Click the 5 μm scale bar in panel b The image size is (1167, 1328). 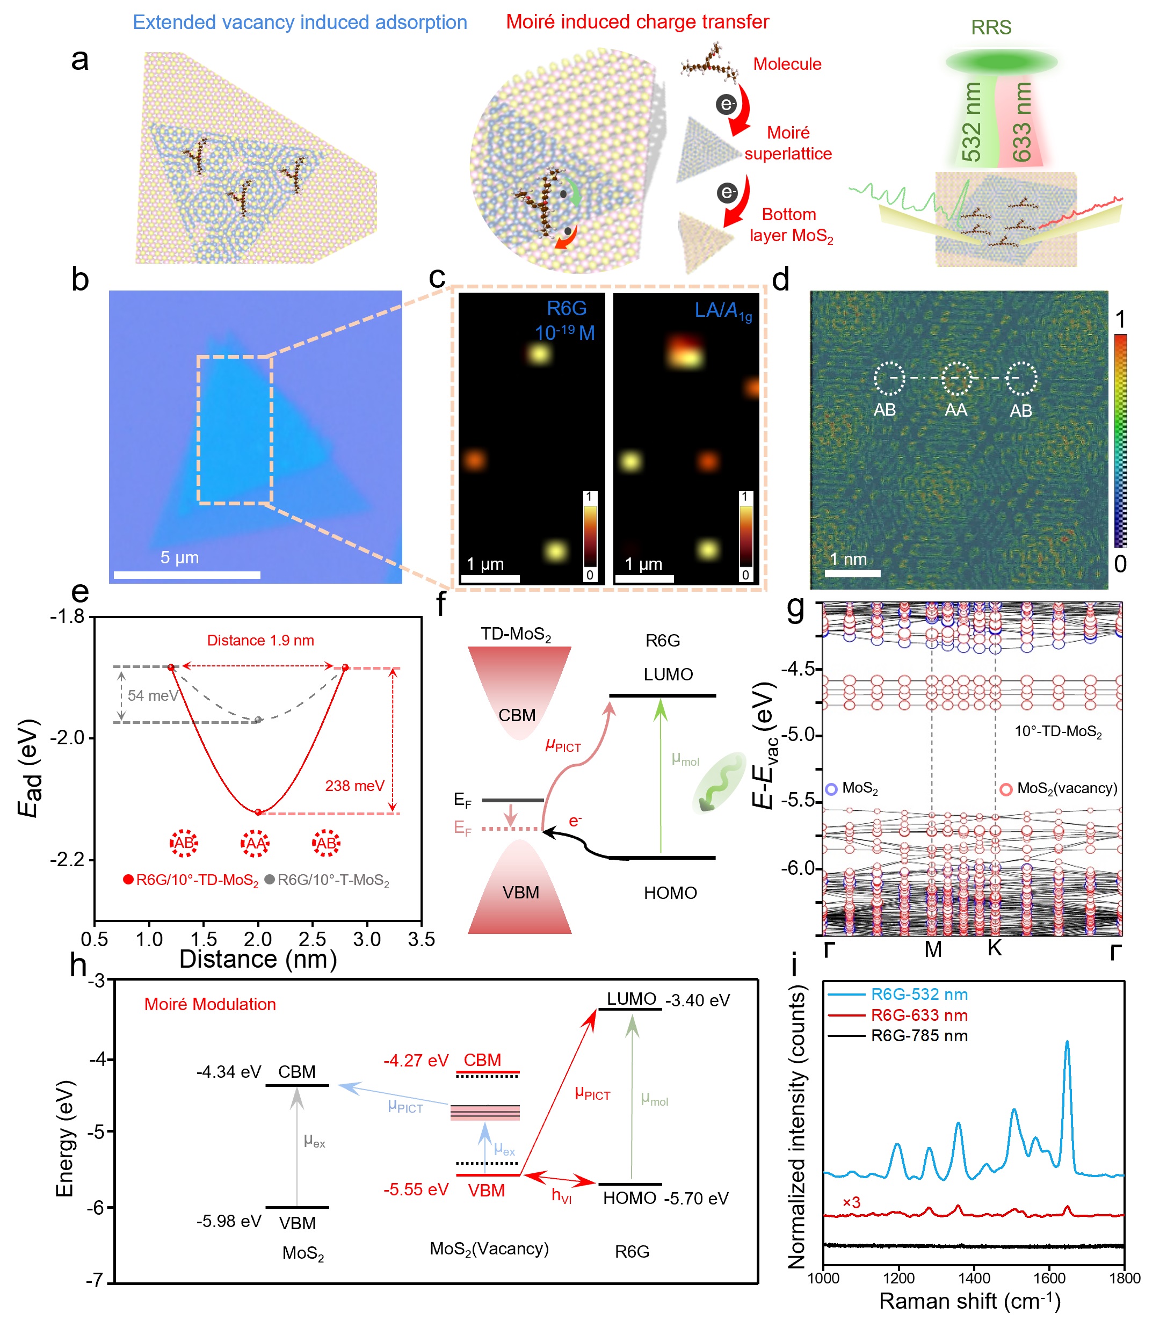pyautogui.click(x=186, y=575)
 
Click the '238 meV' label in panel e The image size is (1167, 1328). pyautogui.click(x=355, y=786)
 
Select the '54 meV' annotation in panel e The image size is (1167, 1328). pyautogui.click(x=153, y=695)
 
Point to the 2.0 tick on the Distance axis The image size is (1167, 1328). pyautogui.click(x=258, y=939)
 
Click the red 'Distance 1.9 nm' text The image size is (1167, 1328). pyautogui.click(x=260, y=640)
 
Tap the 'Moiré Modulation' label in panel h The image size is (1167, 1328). pyautogui.click(x=210, y=1004)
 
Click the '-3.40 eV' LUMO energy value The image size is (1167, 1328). pyautogui.click(x=697, y=1000)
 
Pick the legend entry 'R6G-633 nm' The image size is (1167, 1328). pyautogui.click(x=919, y=1015)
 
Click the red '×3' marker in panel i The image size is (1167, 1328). pyautogui.click(x=851, y=1202)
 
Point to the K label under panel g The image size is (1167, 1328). pyautogui.click(x=994, y=948)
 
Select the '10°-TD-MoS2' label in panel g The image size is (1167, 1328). pyautogui.click(x=1058, y=731)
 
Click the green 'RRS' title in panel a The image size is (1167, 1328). pyautogui.click(x=991, y=27)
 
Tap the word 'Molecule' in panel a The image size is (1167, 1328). pyautogui.click(x=787, y=64)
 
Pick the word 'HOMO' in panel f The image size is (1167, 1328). pyautogui.click(x=670, y=892)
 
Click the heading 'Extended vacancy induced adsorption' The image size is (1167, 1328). pyautogui.click(x=300, y=22)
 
